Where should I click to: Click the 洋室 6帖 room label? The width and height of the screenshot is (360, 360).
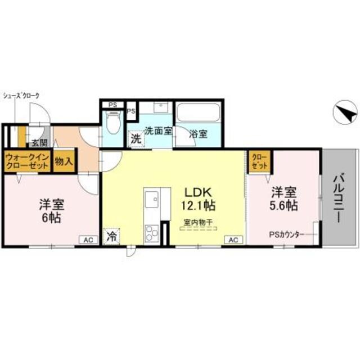pyautogui.click(x=50, y=209)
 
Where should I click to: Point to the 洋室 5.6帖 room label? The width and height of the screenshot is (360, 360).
pyautogui.click(x=282, y=198)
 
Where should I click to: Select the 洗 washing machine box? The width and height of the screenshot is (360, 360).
pyautogui.click(x=136, y=138)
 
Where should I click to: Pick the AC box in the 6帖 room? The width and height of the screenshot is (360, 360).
pyautogui.click(x=88, y=240)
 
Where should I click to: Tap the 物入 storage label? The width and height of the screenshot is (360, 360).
pyautogui.click(x=63, y=162)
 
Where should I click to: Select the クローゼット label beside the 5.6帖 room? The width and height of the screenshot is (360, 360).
pyautogui.click(x=259, y=161)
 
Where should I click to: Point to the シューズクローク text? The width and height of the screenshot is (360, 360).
pyautogui.click(x=21, y=96)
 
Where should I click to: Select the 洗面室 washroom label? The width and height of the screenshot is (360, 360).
pyautogui.click(x=158, y=130)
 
